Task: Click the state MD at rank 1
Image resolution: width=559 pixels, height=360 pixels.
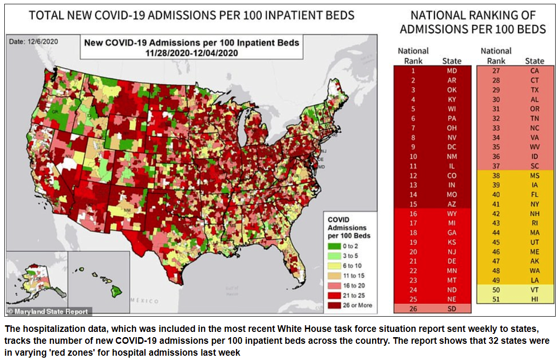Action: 451,71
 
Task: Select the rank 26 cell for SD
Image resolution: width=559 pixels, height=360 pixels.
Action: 414,309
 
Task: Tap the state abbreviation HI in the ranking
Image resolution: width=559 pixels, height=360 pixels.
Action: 534,299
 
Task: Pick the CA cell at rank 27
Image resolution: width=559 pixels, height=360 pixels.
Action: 534,71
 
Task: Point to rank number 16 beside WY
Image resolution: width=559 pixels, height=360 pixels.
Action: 414,214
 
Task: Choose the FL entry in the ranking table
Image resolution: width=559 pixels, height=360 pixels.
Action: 534,194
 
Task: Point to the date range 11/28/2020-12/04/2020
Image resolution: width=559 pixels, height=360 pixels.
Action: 192,53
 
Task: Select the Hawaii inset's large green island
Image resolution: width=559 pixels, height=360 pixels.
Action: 115,290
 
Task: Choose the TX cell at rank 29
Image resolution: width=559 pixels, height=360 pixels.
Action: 534,90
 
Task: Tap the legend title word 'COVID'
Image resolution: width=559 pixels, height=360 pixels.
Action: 338,220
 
